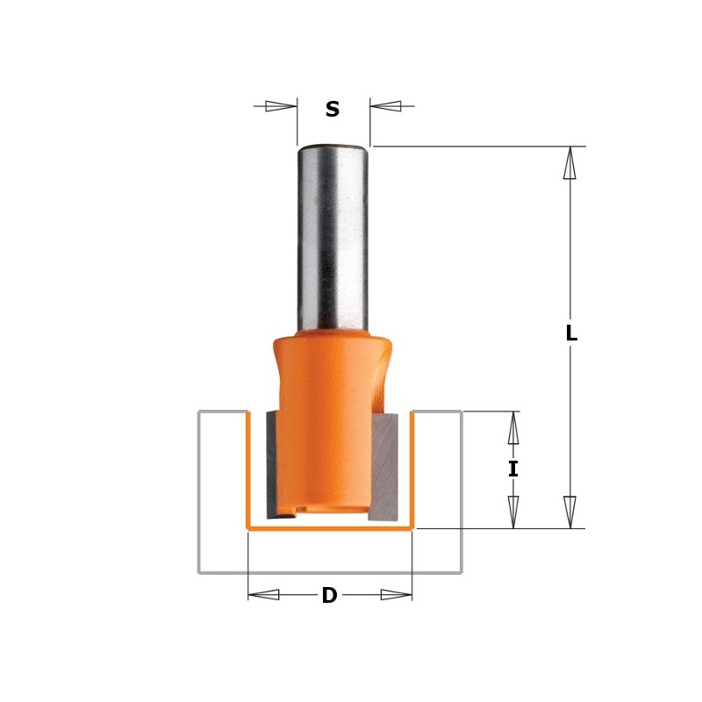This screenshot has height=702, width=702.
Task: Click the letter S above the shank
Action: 333,110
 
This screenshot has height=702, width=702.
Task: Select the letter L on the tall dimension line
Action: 571,333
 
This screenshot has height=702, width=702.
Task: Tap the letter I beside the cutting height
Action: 513,469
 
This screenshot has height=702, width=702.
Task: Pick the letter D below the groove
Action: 329,596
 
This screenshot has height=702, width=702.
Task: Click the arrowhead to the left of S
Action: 281,106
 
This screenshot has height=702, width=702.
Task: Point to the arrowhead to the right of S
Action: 386,106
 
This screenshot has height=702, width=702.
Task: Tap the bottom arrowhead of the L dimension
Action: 569,512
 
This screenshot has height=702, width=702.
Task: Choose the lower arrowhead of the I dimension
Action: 513,512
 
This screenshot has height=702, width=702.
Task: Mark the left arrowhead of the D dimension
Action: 264,594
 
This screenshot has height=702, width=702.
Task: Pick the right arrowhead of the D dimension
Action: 396,594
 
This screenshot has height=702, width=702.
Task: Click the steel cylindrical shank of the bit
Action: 333,237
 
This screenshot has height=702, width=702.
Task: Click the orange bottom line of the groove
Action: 329,529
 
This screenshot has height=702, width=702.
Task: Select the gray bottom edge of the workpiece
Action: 329,572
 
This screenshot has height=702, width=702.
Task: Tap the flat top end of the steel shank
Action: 333,146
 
